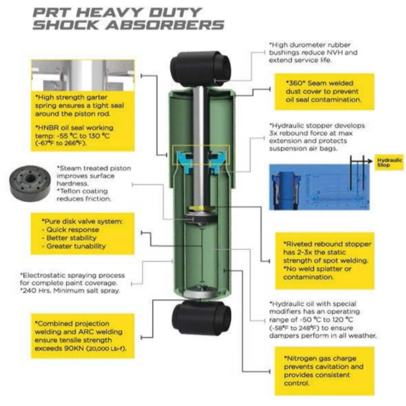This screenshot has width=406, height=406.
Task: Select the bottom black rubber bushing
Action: click(201, 317)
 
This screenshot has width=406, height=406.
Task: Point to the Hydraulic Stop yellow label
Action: click(389, 162)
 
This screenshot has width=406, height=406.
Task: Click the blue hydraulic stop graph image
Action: click(319, 187)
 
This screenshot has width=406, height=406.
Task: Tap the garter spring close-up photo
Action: click(83, 75)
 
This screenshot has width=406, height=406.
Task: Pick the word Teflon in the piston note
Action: click(71, 191)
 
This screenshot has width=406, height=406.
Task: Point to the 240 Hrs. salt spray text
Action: click(71, 291)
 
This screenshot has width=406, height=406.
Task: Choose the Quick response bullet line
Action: click(71, 230)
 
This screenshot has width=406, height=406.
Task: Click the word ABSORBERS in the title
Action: click(165, 25)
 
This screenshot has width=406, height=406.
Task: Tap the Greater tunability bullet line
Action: click(74, 246)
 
